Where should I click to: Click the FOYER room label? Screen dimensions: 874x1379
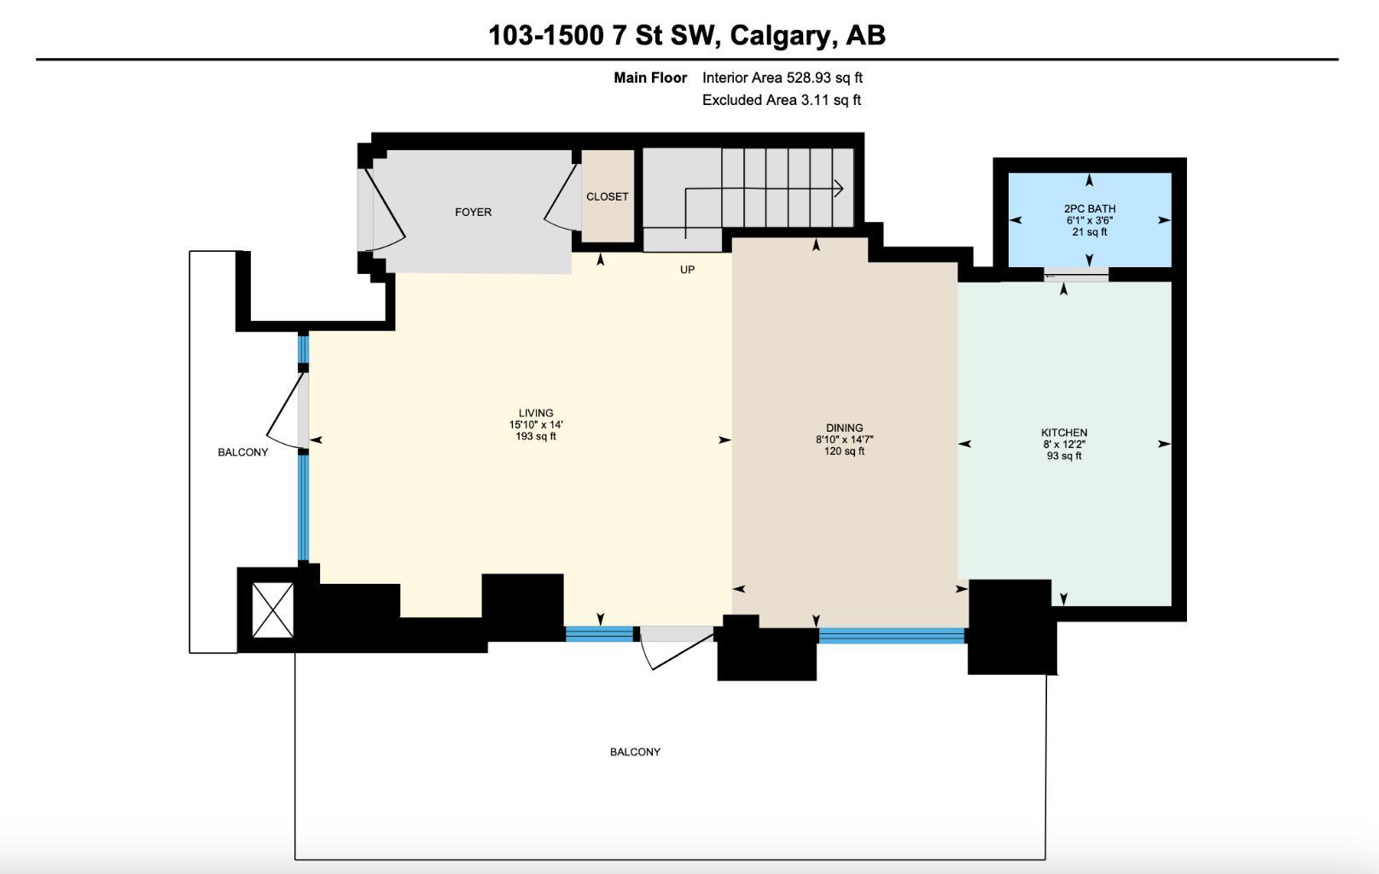tap(473, 213)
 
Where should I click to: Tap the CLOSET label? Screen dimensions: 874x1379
tap(607, 197)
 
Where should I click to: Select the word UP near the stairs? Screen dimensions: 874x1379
tap(687, 270)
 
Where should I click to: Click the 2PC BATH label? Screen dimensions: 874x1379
tap(1089, 208)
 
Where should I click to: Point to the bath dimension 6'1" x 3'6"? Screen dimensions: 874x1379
tap(1089, 220)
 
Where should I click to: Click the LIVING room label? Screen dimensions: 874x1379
tap(536, 413)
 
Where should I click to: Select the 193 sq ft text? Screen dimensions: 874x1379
tap(536, 437)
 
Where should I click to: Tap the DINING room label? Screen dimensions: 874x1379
tap(844, 428)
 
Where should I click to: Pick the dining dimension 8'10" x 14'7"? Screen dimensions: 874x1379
tap(844, 440)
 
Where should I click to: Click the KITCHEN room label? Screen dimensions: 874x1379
tap(1063, 433)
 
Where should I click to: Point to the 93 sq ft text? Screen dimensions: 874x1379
tap(1063, 456)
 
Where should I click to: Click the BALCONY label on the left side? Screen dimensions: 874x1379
tap(242, 452)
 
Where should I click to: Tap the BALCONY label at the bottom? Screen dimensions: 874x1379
tap(635, 752)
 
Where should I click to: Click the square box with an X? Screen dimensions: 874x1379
tap(273, 609)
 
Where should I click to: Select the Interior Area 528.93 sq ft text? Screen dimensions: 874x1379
tap(782, 78)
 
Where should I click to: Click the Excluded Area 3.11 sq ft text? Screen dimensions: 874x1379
tap(781, 100)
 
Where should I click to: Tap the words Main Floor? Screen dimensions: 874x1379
tap(650, 78)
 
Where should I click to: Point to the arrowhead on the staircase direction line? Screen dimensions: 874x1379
tap(839, 189)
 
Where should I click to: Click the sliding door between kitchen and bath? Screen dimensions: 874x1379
tap(1075, 275)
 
